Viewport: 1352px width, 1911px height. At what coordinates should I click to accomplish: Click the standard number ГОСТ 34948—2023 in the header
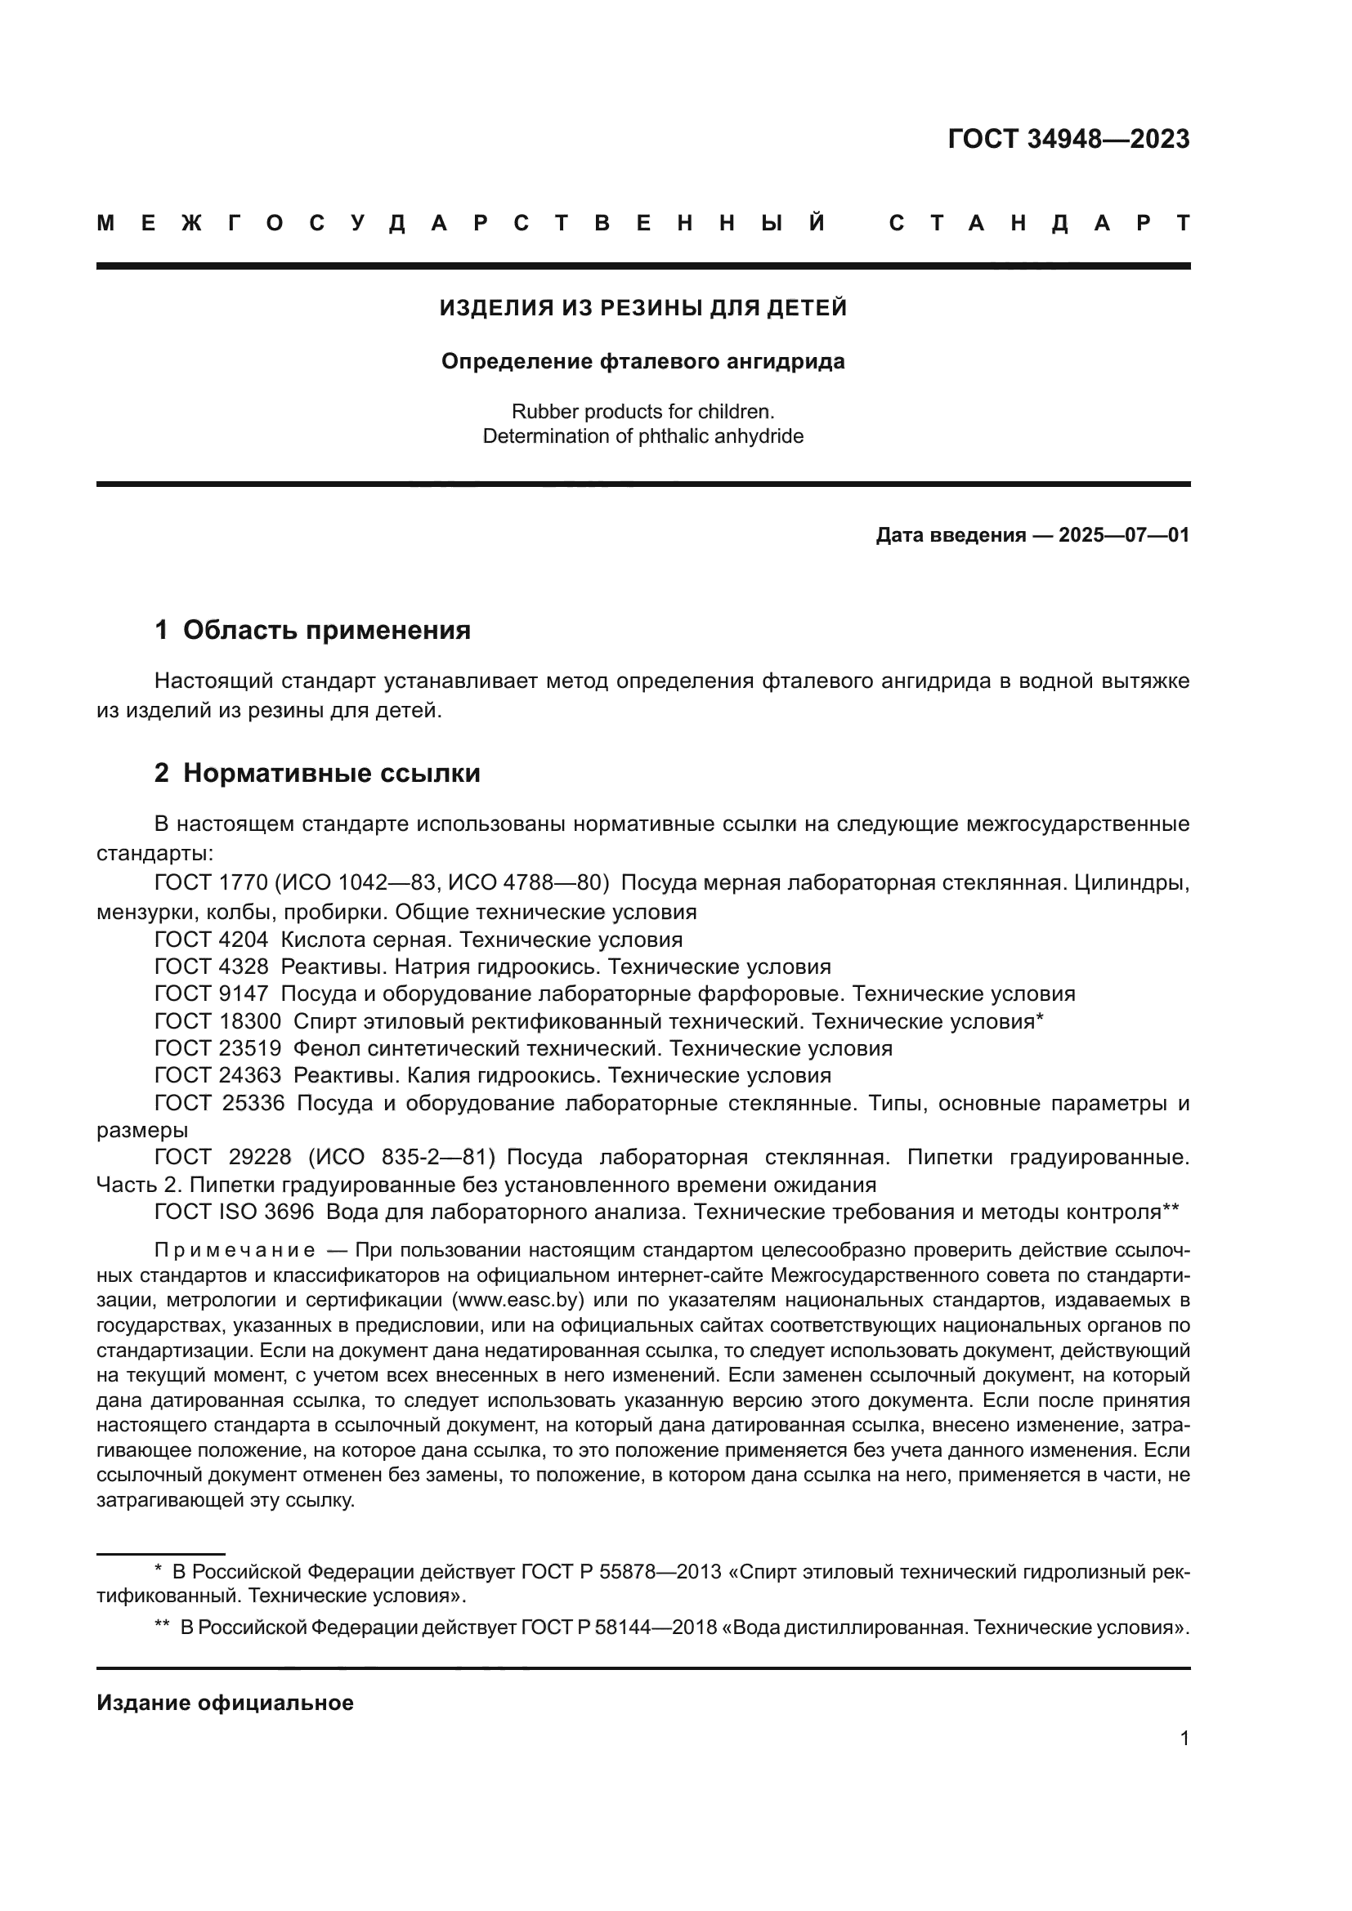(x=1068, y=139)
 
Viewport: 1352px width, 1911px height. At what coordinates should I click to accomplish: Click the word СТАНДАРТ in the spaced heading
(x=1039, y=223)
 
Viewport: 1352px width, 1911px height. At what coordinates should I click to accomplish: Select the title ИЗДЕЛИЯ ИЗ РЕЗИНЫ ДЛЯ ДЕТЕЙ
(x=642, y=308)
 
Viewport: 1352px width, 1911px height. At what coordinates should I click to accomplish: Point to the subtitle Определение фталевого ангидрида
(x=642, y=361)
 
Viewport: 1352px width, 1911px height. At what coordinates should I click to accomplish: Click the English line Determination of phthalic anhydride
(x=642, y=436)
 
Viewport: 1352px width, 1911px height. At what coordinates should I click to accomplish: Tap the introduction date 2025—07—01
(x=1123, y=535)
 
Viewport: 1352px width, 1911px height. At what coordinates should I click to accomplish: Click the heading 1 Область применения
(x=312, y=630)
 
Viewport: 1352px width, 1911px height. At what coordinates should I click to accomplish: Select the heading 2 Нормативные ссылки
(x=317, y=773)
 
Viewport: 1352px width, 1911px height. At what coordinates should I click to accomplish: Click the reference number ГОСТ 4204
(x=212, y=940)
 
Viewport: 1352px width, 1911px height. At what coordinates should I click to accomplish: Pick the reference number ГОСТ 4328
(x=212, y=967)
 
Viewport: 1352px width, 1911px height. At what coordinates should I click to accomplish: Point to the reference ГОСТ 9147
(x=212, y=993)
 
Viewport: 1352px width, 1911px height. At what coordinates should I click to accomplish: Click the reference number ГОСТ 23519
(x=217, y=1048)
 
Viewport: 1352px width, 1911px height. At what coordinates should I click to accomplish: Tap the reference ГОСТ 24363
(x=217, y=1075)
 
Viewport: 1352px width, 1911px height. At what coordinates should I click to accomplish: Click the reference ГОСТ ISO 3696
(x=234, y=1212)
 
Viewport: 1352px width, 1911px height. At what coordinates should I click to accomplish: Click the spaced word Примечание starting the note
(x=234, y=1250)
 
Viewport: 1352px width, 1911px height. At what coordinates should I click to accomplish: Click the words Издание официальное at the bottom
(x=225, y=1703)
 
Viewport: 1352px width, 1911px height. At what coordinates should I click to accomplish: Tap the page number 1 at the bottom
(x=1184, y=1738)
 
